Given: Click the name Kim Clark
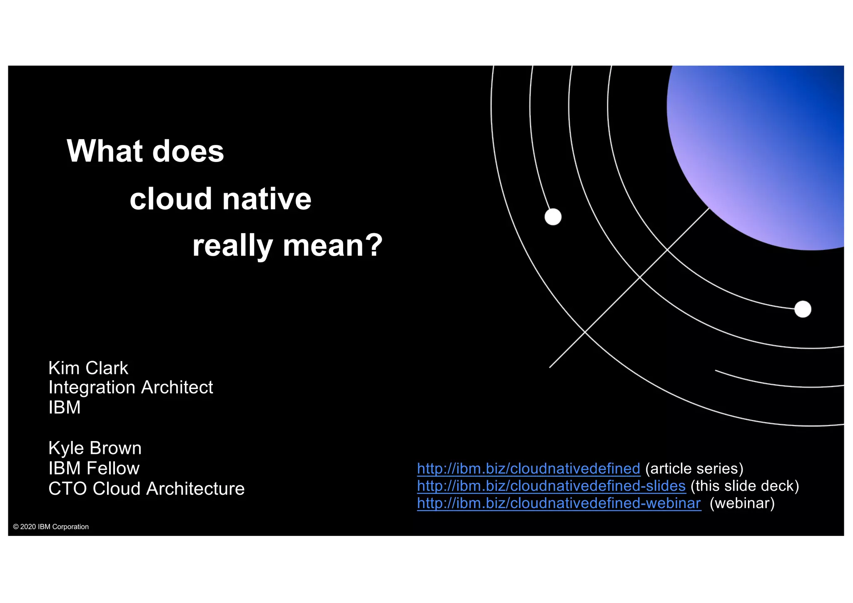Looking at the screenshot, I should tap(88, 368).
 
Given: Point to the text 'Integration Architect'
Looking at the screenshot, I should tap(130, 388).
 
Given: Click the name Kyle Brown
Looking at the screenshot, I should tap(95, 449).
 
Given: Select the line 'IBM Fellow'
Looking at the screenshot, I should tap(94, 468).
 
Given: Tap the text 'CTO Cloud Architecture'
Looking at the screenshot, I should tap(146, 489).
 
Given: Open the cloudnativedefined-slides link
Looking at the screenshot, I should tap(551, 486).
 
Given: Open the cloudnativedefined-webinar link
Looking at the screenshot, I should tap(559, 503).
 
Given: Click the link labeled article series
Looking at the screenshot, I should tap(529, 469).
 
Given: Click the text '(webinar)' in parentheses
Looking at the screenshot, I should tap(742, 503).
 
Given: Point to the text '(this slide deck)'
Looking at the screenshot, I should tap(745, 486).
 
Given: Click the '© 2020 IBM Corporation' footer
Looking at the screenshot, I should tap(51, 527).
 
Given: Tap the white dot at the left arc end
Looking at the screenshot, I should tap(553, 217).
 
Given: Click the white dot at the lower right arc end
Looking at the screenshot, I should tap(803, 309).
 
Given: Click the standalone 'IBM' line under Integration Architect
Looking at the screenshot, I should tap(65, 407).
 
